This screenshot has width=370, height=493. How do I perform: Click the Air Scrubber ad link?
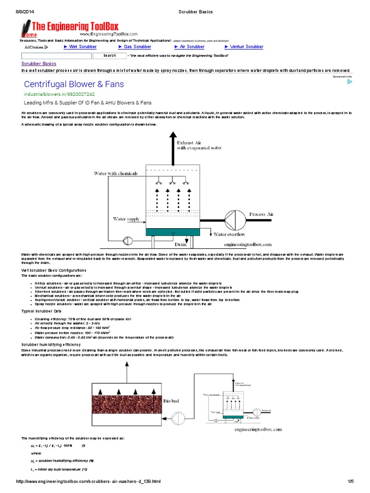pyautogui.click(x=192, y=47)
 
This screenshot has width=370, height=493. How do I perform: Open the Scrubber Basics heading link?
pyautogui.click(x=39, y=64)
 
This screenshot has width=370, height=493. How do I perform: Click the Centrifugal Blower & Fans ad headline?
pyautogui.click(x=74, y=84)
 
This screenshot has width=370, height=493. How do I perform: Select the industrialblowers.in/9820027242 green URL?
pyautogui.click(x=59, y=94)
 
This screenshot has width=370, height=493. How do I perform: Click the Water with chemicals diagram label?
pyautogui.click(x=115, y=173)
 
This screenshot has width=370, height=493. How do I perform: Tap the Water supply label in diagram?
pyautogui.click(x=126, y=219)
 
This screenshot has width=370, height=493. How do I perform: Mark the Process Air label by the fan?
pyautogui.click(x=261, y=214)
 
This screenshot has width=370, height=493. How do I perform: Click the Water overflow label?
pyautogui.click(x=229, y=234)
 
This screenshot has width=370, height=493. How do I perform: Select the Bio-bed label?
pyautogui.click(x=172, y=401)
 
